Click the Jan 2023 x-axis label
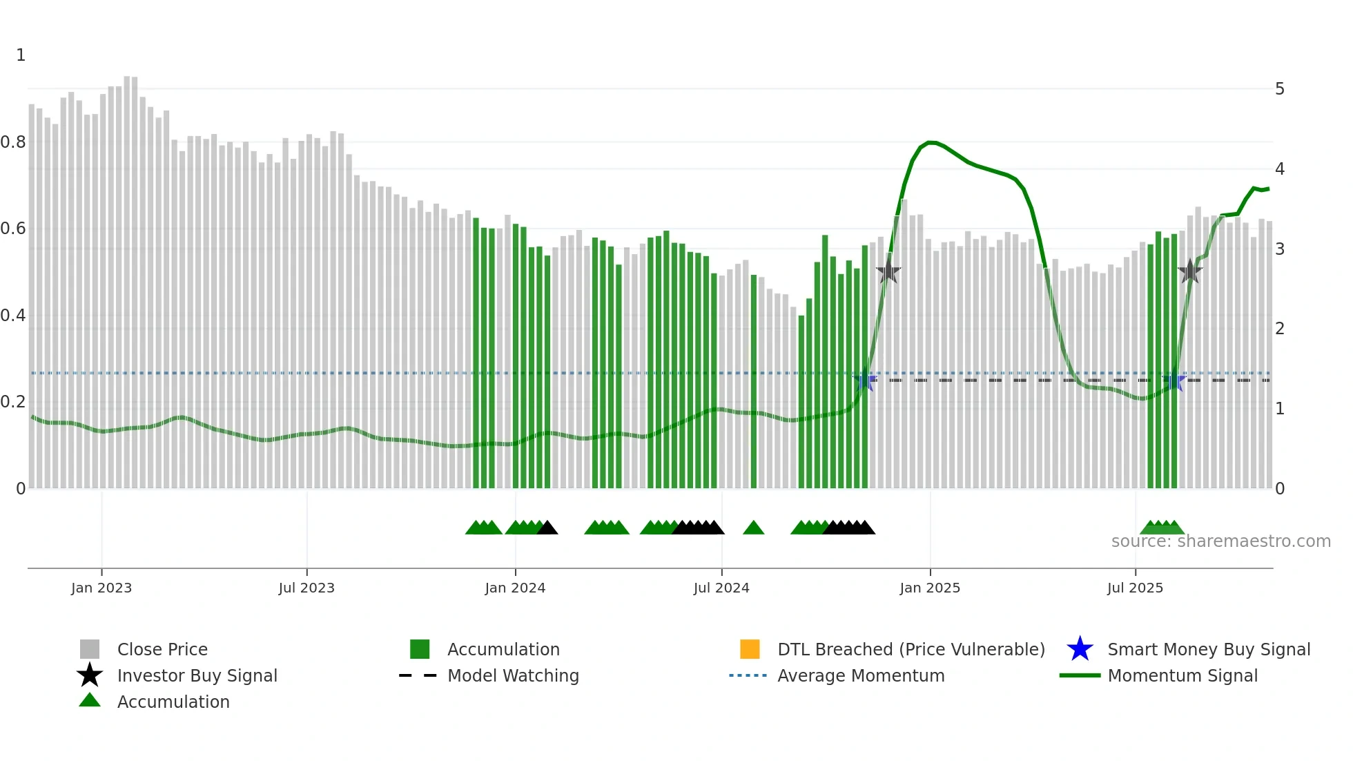tap(101, 588)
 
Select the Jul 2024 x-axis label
tap(721, 588)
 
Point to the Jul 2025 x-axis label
tap(1135, 588)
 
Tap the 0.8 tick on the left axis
tap(13, 142)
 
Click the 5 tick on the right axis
tap(1280, 89)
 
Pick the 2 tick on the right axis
tap(1280, 329)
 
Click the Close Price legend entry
tap(162, 650)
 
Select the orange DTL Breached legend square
tap(750, 649)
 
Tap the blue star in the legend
tap(1080, 649)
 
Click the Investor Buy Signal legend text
tap(197, 676)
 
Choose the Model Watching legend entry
tap(513, 676)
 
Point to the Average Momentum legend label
tap(861, 676)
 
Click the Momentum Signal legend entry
tap(1182, 676)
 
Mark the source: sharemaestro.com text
tap(1220, 541)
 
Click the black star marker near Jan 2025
tap(888, 272)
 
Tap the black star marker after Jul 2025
tap(1190, 271)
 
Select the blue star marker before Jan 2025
tap(864, 380)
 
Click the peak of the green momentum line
tap(931, 142)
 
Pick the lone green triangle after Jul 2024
tap(753, 528)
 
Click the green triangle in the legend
tap(90, 700)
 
